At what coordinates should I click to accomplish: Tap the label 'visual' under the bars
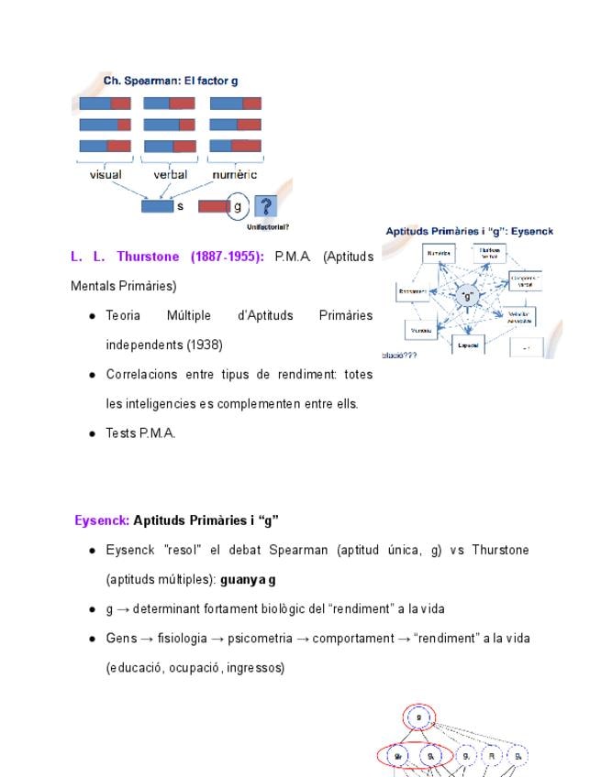pos(106,174)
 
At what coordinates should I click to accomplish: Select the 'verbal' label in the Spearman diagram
pos(171,174)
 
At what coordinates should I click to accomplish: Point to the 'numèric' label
pos(234,174)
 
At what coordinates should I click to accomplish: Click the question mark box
pos(265,206)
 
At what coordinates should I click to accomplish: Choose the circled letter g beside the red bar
pos(238,206)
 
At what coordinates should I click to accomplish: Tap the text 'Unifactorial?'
pos(262,226)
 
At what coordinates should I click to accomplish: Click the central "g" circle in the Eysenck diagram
pos(467,296)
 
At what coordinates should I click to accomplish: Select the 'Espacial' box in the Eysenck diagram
pos(468,346)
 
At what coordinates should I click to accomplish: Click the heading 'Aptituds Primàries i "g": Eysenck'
pos(469,232)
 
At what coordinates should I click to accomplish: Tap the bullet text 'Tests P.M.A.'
pos(140,433)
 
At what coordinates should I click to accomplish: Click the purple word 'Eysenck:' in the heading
pos(102,520)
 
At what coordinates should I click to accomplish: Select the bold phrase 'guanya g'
pos(248,580)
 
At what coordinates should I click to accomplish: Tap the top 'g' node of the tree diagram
pos(418,717)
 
